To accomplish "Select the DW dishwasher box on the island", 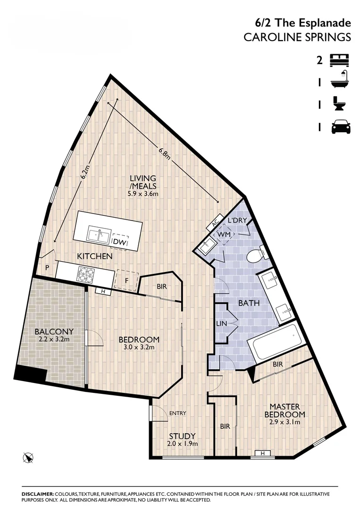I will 119,241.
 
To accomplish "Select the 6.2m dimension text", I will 84,173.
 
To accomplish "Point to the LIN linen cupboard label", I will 221,323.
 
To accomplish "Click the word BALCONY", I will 54,331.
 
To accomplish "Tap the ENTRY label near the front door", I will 178,413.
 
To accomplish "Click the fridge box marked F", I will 126,279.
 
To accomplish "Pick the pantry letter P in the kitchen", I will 47,267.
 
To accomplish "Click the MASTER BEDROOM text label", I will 287,410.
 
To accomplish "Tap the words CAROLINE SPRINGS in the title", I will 297,38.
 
